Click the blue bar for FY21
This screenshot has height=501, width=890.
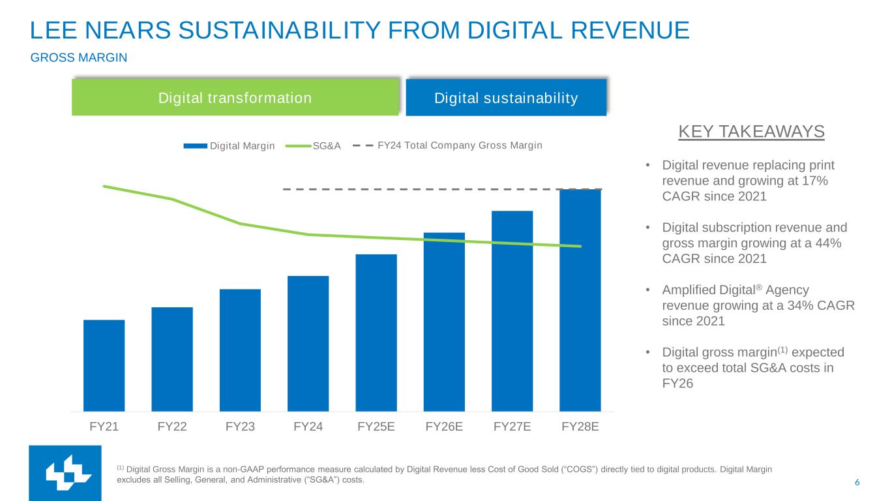point(104,365)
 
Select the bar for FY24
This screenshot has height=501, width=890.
point(308,343)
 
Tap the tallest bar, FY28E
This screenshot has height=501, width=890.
point(580,300)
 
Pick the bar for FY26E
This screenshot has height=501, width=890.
point(444,322)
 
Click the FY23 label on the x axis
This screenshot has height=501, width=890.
point(240,427)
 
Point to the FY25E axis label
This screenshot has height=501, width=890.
point(376,427)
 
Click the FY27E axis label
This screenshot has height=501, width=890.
point(512,427)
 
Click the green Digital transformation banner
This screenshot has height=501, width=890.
point(235,98)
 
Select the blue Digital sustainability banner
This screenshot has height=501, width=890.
point(506,98)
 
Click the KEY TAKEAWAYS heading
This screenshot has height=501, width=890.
point(751,132)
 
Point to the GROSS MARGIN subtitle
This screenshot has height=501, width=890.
point(79,58)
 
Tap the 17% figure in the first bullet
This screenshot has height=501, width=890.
point(815,181)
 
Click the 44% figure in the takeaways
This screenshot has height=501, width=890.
point(827,243)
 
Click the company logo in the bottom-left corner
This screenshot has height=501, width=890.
point(65,472)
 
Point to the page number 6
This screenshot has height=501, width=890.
point(857,483)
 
